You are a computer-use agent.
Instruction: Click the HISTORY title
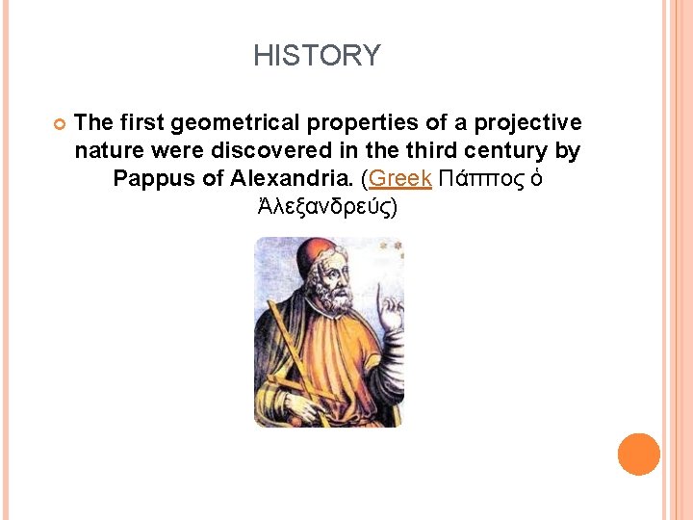pyautogui.click(x=317, y=56)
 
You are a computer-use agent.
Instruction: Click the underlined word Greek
pyautogui.click(x=399, y=178)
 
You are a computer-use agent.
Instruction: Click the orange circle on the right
pyautogui.click(x=638, y=454)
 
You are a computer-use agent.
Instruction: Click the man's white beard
pyautogui.click(x=332, y=299)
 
